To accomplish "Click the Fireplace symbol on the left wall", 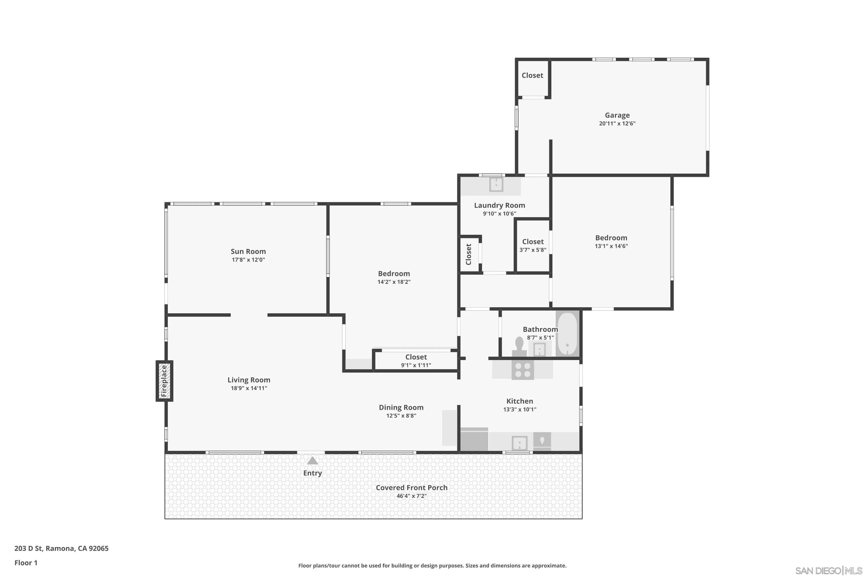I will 164,381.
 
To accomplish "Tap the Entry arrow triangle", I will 312,461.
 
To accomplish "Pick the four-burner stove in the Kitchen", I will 522,370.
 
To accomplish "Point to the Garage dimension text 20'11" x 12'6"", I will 617,124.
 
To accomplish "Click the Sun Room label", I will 248,251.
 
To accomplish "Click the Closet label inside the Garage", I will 532,75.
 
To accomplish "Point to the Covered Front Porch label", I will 411,488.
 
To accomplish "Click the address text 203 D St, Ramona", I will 61,548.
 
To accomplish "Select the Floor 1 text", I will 26,563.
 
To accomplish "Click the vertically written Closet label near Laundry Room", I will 468,254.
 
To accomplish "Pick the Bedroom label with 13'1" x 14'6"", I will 611,238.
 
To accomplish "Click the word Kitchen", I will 519,401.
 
